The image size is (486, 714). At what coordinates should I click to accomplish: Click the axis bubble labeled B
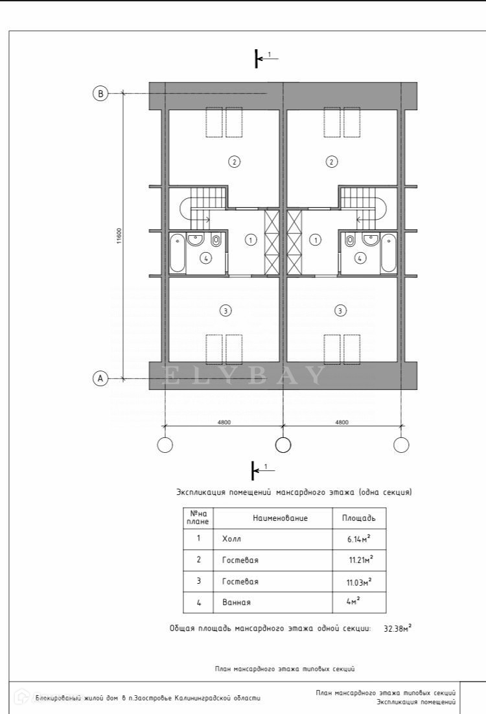tap(100, 93)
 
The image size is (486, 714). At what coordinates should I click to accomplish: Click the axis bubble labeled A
tap(100, 378)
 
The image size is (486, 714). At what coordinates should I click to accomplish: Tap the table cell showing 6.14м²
tap(358, 538)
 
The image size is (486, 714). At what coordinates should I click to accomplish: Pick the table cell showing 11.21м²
tap(360, 559)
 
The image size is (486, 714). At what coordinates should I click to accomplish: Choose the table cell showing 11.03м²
tap(358, 581)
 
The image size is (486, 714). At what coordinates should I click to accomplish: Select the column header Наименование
tap(280, 518)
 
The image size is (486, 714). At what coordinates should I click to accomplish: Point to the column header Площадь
tap(358, 518)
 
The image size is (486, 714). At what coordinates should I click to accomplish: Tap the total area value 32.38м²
tap(397, 628)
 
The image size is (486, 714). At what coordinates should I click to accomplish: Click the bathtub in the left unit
tap(177, 254)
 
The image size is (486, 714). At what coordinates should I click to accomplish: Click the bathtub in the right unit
tap(388, 254)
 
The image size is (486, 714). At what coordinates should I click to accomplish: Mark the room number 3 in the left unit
tap(225, 311)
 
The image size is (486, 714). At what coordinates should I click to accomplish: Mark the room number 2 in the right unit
tap(332, 161)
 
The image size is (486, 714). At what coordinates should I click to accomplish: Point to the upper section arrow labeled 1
tap(262, 58)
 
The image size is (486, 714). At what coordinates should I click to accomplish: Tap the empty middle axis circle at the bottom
tap(283, 444)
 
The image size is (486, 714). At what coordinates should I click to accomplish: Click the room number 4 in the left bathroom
tap(205, 258)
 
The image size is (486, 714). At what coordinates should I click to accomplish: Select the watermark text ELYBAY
tap(242, 376)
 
